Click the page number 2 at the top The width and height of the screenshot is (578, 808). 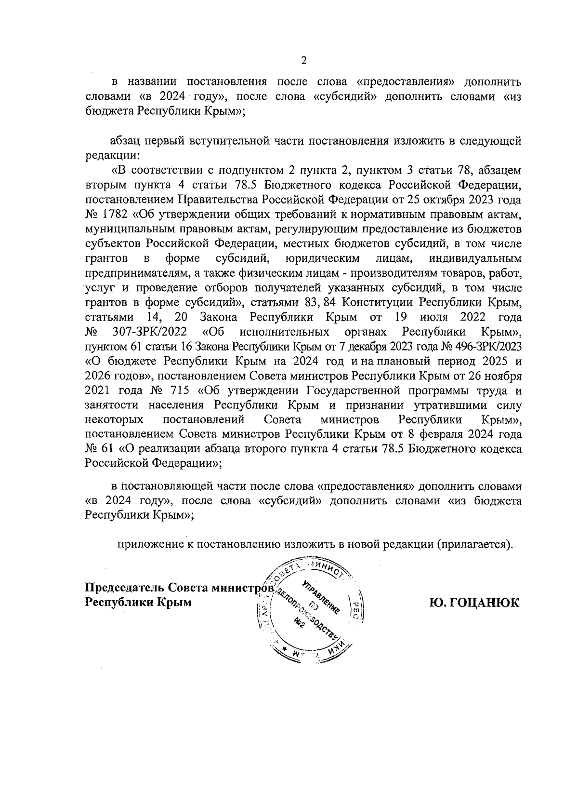(x=303, y=60)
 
